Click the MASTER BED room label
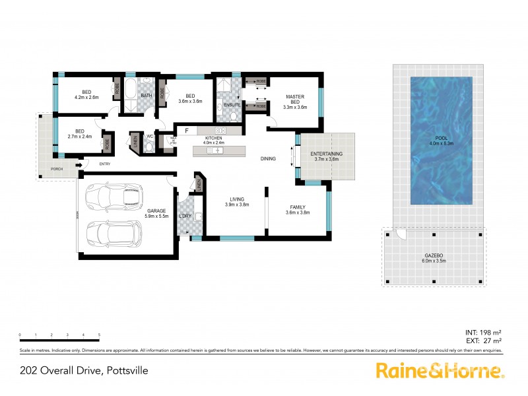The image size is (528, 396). pos(295,102)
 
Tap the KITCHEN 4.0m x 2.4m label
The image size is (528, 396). pos(214,140)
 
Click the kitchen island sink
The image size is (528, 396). pos(217,151)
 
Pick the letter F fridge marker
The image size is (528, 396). pos(187,130)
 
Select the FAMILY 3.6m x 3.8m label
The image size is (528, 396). pos(296,211)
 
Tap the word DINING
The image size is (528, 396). pos(268,158)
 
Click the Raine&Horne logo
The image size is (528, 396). pos(440,370)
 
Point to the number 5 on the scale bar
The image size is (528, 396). pos(99,335)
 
